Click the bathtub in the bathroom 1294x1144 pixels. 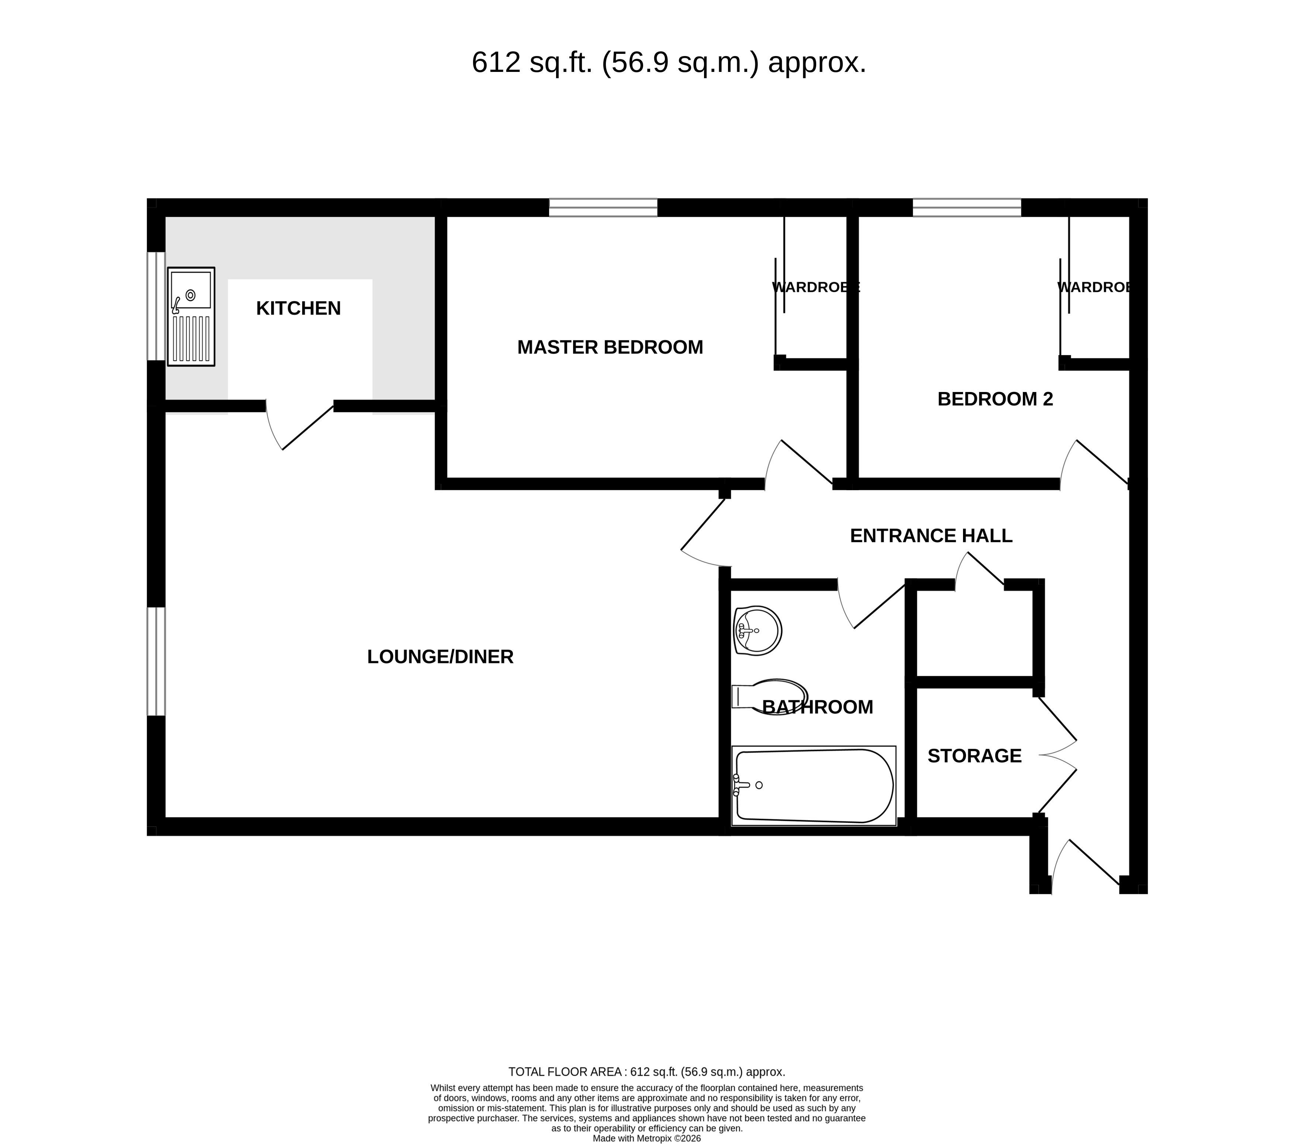[x=814, y=786]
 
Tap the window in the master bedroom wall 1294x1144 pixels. [x=603, y=208]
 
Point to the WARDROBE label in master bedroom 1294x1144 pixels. [x=815, y=287]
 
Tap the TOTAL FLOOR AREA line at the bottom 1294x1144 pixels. [x=646, y=1072]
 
